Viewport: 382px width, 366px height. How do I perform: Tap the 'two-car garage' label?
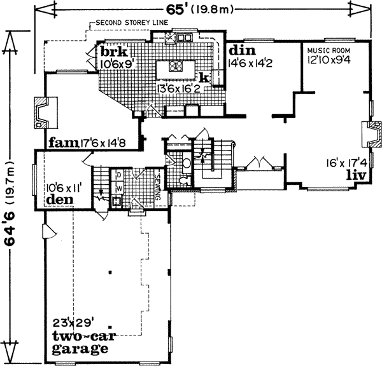click(79, 343)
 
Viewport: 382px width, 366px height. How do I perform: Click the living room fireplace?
click(369, 135)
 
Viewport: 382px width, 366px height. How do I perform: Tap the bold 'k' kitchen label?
click(204, 77)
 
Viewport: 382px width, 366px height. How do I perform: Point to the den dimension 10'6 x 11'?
click(63, 188)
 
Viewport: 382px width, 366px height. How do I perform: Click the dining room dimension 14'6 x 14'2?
click(250, 62)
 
